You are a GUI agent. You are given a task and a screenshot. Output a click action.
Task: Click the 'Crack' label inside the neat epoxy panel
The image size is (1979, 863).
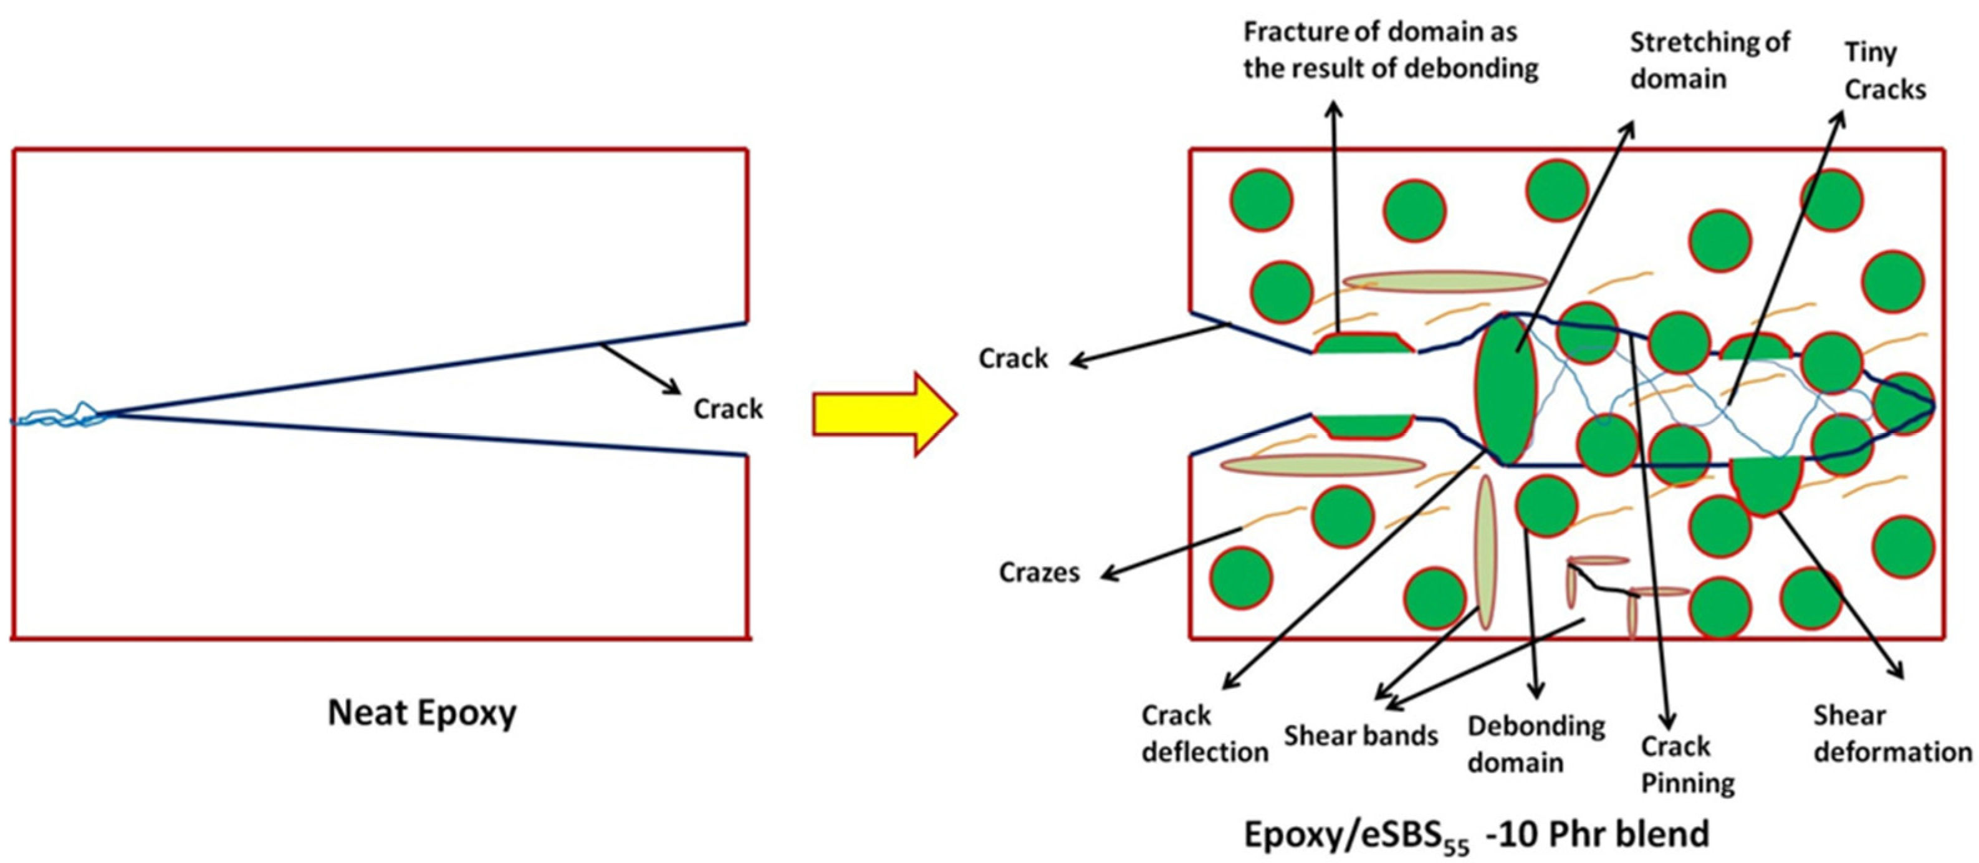point(727,409)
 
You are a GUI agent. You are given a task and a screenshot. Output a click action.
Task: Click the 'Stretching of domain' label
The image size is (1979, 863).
point(1708,60)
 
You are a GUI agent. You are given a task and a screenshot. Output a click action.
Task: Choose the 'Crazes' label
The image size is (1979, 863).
point(1038,572)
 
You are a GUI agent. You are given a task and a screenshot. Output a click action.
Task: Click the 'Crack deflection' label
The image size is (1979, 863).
point(1203,734)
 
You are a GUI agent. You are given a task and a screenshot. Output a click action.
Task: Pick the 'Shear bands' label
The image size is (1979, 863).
point(1361,736)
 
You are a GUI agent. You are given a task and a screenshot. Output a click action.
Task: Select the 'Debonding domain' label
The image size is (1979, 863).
point(1535,745)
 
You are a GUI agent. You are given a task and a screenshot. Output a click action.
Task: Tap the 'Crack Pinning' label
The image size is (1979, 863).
point(1687,764)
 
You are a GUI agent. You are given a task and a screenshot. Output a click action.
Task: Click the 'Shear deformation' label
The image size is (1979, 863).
point(1891,734)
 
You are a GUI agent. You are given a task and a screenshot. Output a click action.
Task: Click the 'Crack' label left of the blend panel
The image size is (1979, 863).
point(1012,358)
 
